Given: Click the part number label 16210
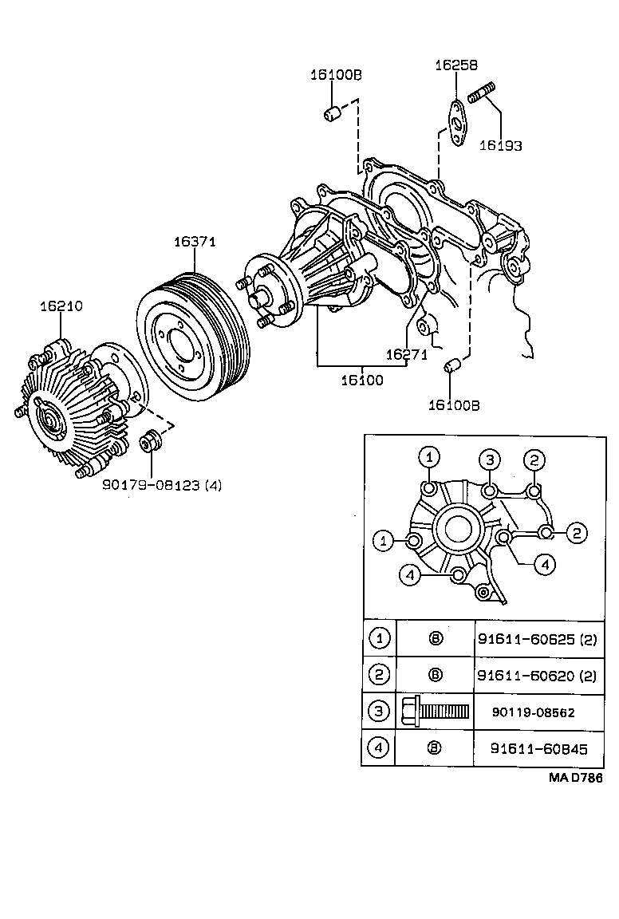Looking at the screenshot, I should point(61,306).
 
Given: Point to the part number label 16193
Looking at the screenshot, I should point(500,145).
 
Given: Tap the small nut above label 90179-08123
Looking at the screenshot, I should point(151,440).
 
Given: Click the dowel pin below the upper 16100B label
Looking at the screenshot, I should point(332,114).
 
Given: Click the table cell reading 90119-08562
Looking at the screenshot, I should point(534,712).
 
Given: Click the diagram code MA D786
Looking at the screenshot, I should point(574,777).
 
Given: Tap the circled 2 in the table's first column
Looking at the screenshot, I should point(380,674).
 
